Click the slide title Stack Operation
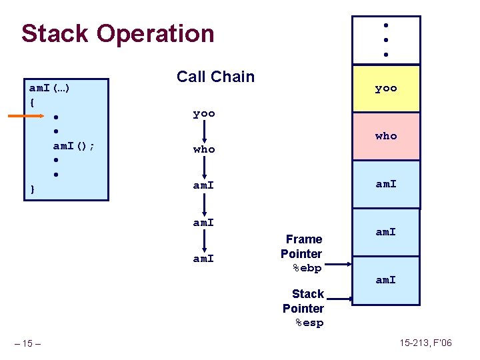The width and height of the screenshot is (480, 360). pos(117,33)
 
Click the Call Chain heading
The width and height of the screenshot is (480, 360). pos(215,77)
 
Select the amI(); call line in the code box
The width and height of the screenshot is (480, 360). pos(73,146)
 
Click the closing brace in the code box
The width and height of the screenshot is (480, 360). pos(32,190)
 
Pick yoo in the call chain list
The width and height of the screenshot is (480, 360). pos(204,113)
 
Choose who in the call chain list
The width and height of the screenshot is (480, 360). pos(204,149)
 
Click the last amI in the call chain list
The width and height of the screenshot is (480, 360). pos(204,258)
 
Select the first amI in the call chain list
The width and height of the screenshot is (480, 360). pos(204,185)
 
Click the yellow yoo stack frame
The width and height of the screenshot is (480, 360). pos(386,88)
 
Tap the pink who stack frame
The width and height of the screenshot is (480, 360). pos(386,136)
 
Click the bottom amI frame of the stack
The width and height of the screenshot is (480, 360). pos(386,280)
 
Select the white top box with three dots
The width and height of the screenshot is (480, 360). pos(386,40)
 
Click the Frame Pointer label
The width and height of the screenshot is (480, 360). pos(303,246)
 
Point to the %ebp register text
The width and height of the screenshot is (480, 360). pos(307,268)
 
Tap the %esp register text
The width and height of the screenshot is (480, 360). pos(309,323)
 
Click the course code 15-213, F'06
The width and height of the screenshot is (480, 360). pos(426,343)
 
